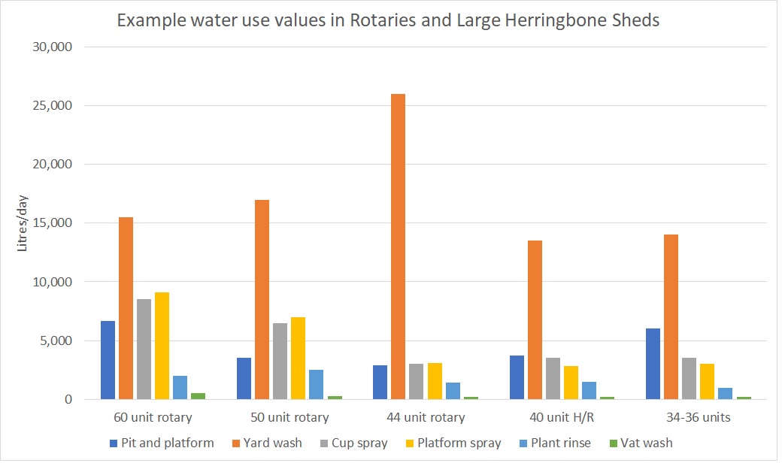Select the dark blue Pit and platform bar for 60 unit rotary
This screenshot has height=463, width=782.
(108, 360)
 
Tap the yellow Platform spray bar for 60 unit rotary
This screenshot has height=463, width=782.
(162, 346)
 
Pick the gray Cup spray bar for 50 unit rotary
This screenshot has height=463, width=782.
(280, 361)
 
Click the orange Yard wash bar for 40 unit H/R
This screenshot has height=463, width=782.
(535, 319)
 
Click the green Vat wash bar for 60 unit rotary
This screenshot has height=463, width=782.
(198, 395)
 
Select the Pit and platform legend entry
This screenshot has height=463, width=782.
(161, 443)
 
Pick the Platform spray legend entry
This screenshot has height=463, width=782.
(454, 443)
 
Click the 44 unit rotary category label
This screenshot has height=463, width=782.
(425, 417)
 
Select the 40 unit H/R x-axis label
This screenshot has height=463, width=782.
(561, 417)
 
